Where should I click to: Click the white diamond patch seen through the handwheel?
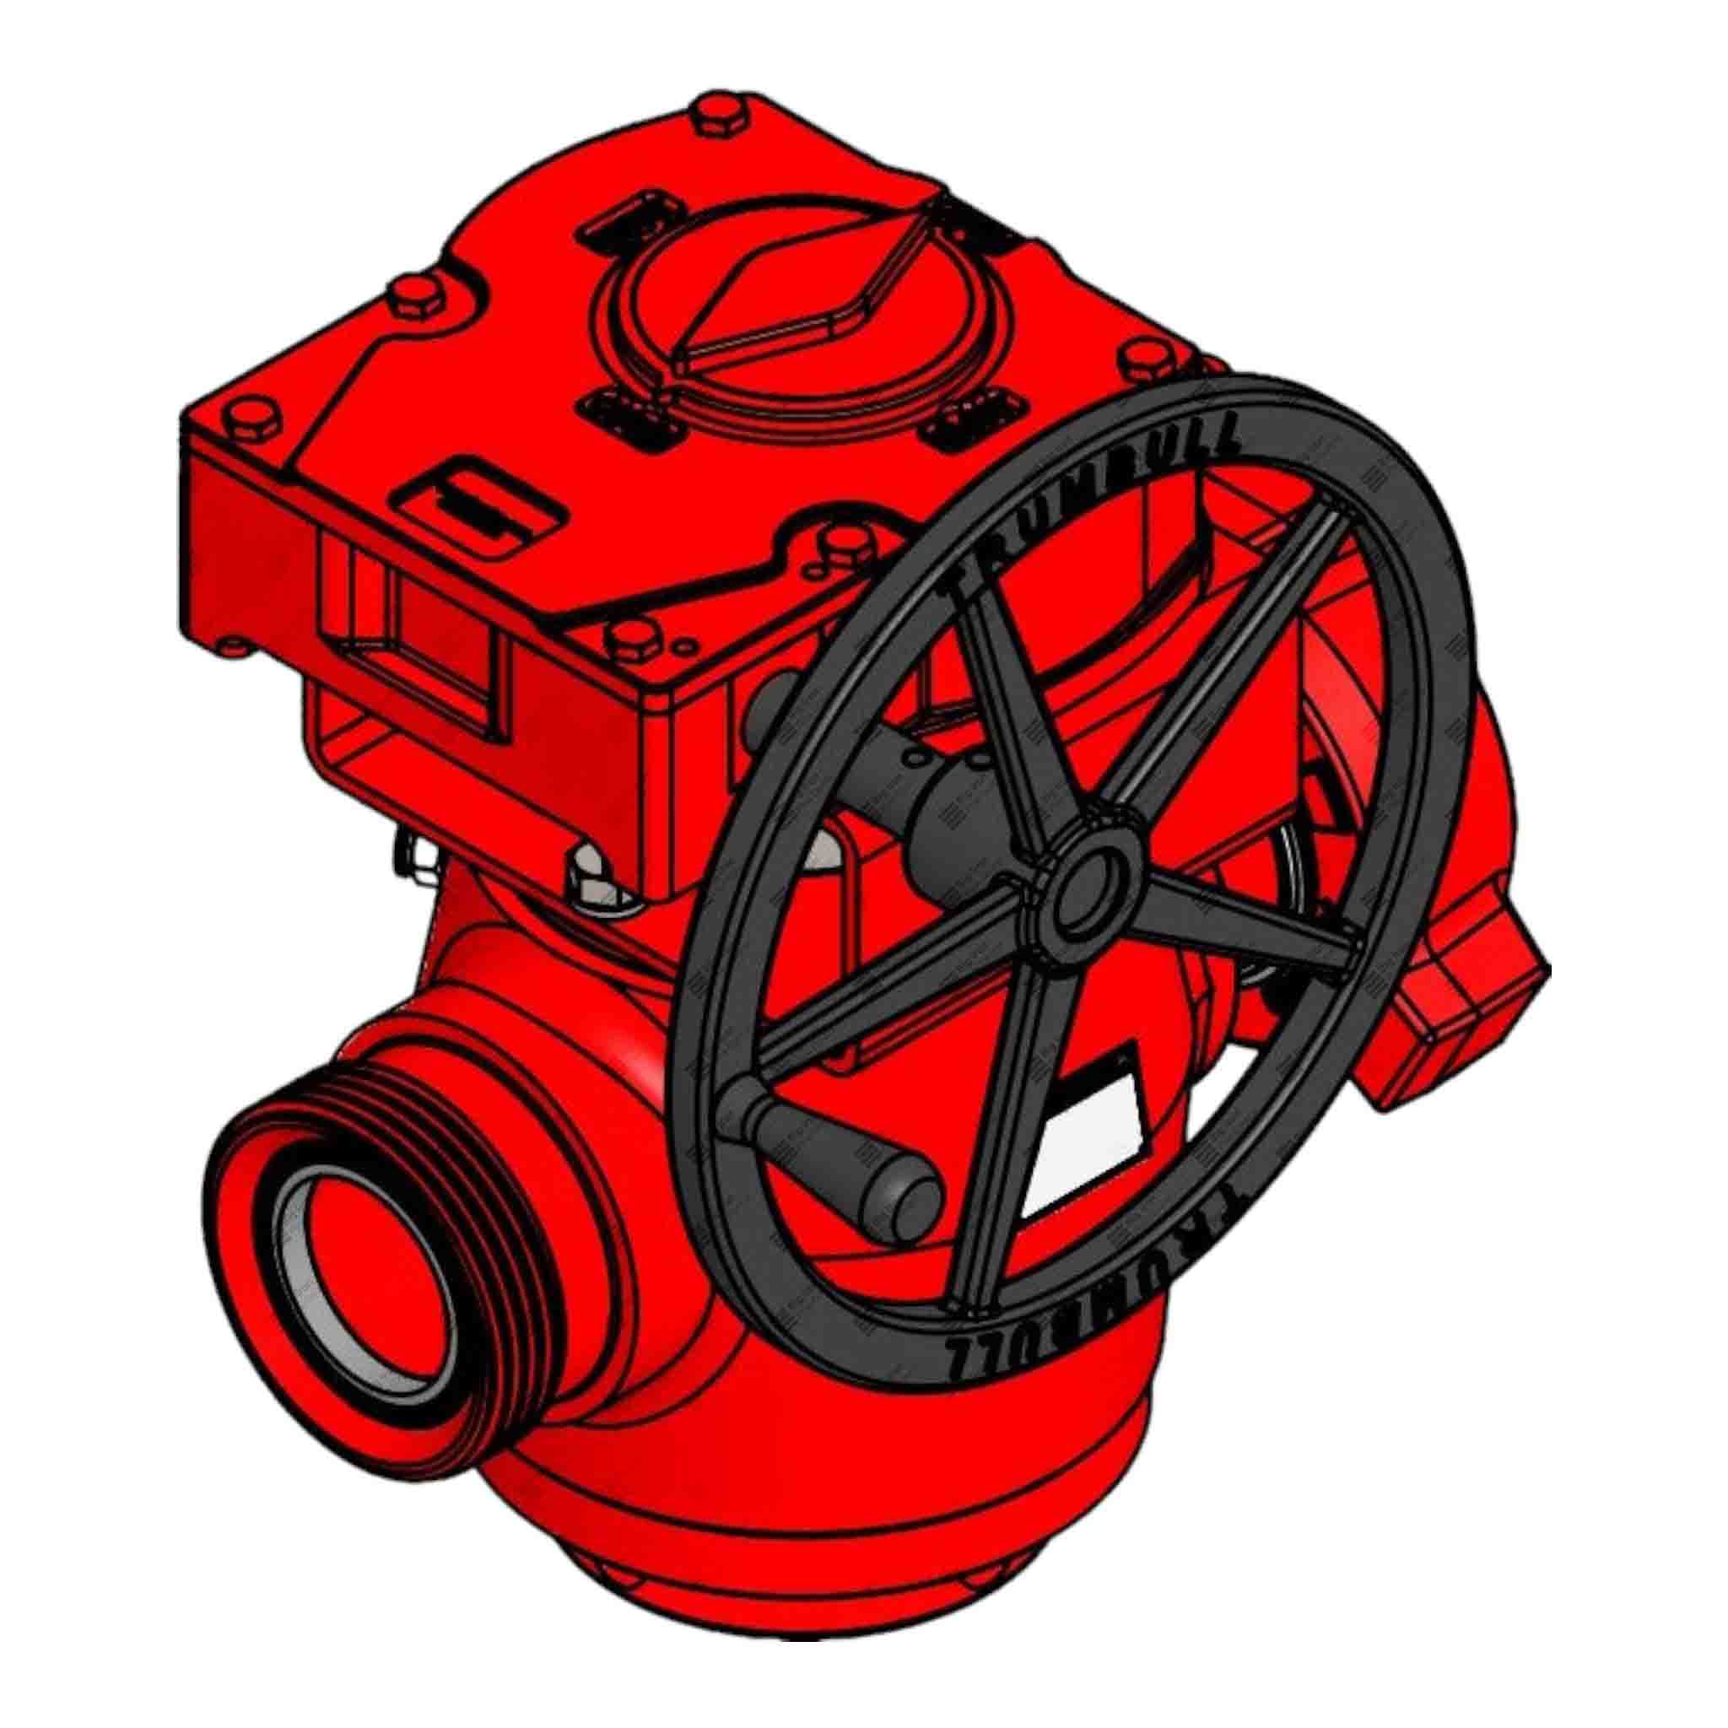coord(1087,1141)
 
